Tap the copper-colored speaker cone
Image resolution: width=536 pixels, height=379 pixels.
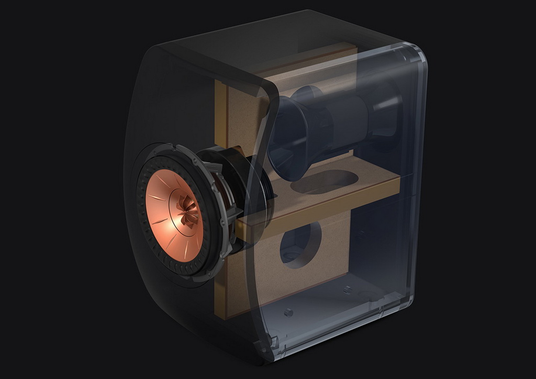[x=166, y=220]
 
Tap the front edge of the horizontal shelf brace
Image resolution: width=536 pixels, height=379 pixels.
[x=314, y=207]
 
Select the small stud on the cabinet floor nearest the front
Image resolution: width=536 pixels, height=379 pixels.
[x=287, y=313]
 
